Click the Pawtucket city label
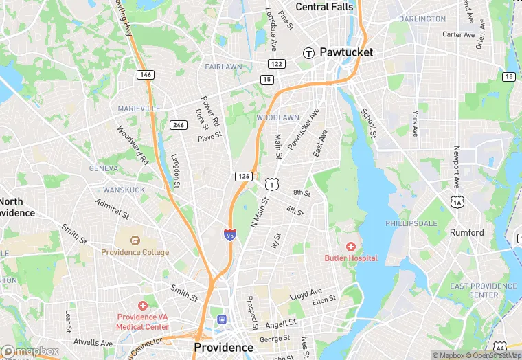(x=346, y=52)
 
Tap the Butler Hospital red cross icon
(x=351, y=246)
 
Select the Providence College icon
(x=135, y=240)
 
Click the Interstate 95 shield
(x=229, y=235)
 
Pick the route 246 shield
(x=179, y=124)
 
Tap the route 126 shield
(x=243, y=177)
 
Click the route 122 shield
(x=276, y=64)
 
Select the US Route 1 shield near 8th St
(x=271, y=183)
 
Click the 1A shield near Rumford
(x=457, y=201)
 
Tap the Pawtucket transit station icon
(x=309, y=52)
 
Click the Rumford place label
(x=466, y=232)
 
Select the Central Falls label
(x=324, y=7)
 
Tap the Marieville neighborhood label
(x=139, y=109)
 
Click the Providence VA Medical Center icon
(x=143, y=305)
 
